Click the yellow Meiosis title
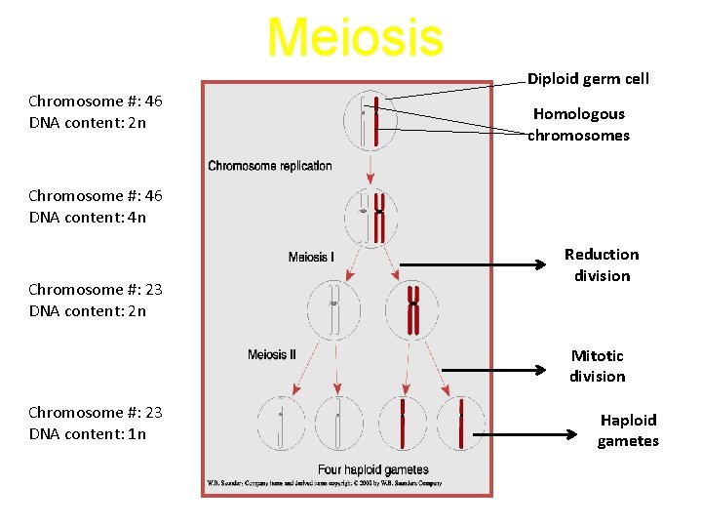pyautogui.click(x=355, y=37)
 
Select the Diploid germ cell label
pyautogui.click(x=588, y=79)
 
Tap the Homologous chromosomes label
pyautogui.click(x=579, y=125)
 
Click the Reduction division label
pyautogui.click(x=602, y=265)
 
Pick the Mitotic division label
pyautogui.click(x=598, y=366)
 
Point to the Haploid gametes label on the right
pyautogui.click(x=628, y=430)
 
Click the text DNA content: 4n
pyautogui.click(x=88, y=218)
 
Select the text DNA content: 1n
pyautogui.click(x=88, y=434)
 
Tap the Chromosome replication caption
pyautogui.click(x=270, y=166)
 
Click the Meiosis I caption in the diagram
pyautogui.click(x=311, y=258)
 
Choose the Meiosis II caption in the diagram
pyautogui.click(x=272, y=354)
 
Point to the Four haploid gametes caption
pyautogui.click(x=373, y=470)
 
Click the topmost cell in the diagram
pyautogui.click(x=370, y=120)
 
